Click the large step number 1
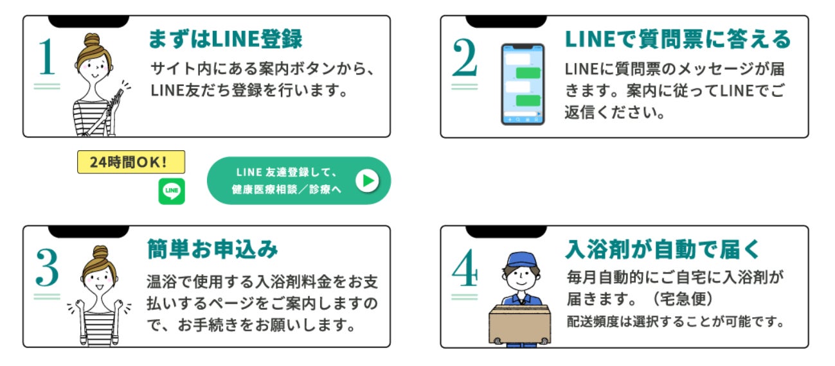tap(47, 57)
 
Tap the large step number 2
tap(465, 57)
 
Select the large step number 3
tap(48, 267)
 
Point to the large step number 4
tap(465, 267)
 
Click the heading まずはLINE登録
tap(225, 39)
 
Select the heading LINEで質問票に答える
tap(678, 39)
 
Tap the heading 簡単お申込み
tap(213, 249)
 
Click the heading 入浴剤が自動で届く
tap(663, 249)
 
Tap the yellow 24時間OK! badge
tap(131, 162)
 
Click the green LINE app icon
tap(172, 191)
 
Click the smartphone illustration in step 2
tap(523, 84)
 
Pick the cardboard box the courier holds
tap(519, 324)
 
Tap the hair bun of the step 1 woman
tap(92, 40)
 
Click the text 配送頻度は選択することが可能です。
tap(676, 321)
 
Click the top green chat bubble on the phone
tap(528, 73)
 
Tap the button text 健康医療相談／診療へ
tap(286, 189)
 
